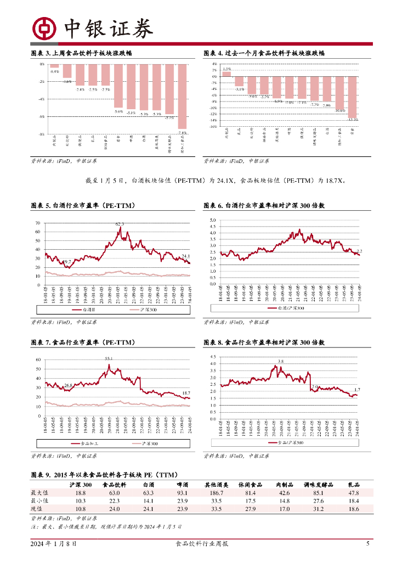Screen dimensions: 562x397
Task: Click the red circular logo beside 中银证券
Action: pyautogui.click(x=44, y=29)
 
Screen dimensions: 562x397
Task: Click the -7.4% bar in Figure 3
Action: pyautogui.click(x=183, y=96)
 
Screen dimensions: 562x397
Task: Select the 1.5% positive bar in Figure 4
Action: pyautogui.click(x=227, y=74)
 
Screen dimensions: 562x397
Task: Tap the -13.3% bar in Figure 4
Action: pyautogui.click(x=353, y=97)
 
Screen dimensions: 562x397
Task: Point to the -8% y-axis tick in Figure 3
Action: pyautogui.click(x=42, y=134)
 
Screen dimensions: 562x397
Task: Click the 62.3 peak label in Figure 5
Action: pyautogui.click(x=120, y=224)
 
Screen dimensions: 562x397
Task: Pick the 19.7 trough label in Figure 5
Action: pyautogui.click(x=67, y=262)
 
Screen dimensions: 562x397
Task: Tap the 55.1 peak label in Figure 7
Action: pyautogui.click(x=109, y=358)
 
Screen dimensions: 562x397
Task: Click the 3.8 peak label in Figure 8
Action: pyautogui.click(x=281, y=361)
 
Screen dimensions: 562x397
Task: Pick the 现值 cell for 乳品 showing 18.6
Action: pyautogui.click(x=353, y=509)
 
